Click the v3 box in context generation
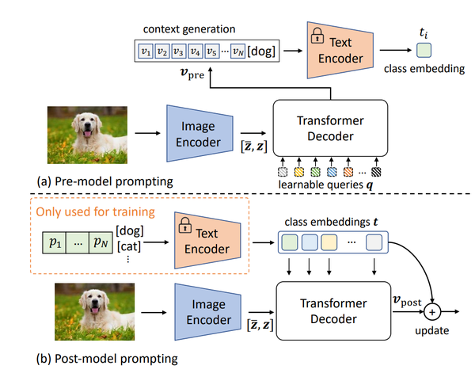click(178, 53)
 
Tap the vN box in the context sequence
click(237, 53)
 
